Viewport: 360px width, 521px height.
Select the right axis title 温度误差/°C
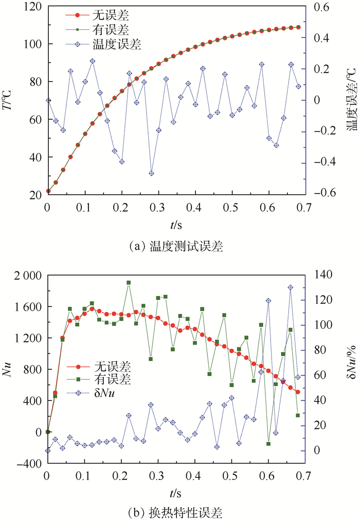351,100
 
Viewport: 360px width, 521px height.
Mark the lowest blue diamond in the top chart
151,174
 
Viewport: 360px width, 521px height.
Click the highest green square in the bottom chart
129,283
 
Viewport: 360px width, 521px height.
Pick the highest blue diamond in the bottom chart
291,288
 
